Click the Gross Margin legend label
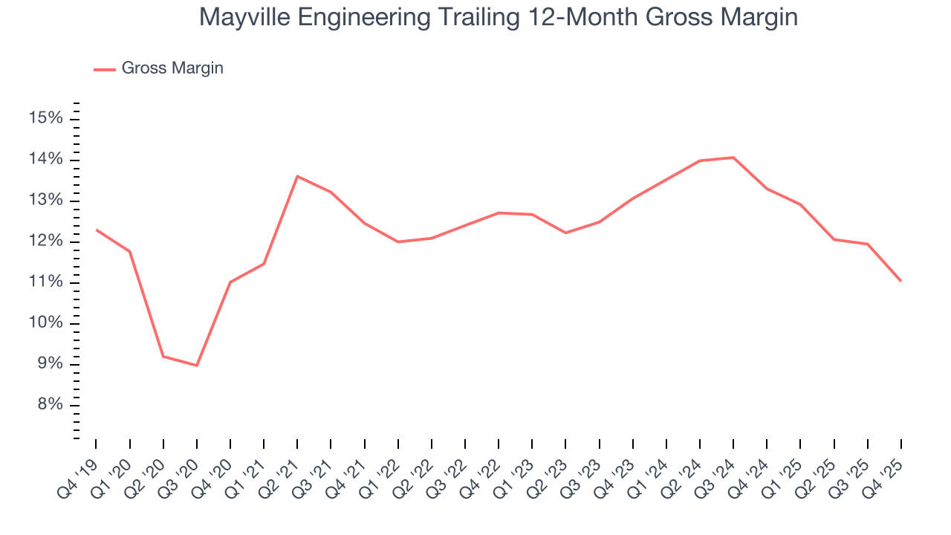[172, 68]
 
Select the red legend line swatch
[104, 69]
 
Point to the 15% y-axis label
[46, 119]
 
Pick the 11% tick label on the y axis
[46, 282]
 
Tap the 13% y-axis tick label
[46, 201]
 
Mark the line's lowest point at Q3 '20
[197, 366]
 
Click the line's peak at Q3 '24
[733, 158]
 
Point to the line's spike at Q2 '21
[297, 176]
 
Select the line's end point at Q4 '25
[901, 281]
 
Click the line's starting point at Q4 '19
[97, 230]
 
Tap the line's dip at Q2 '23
[565, 233]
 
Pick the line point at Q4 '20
[230, 282]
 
